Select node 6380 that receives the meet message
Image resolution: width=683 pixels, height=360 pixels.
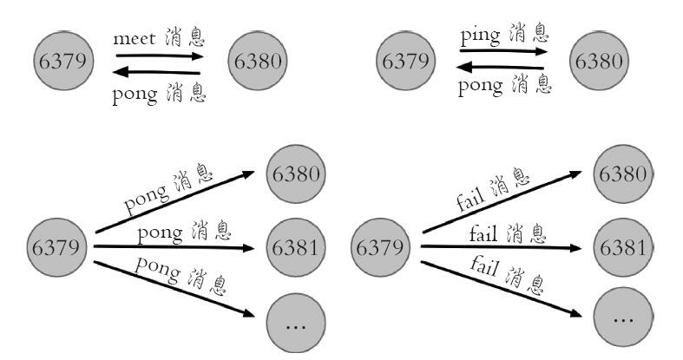258,61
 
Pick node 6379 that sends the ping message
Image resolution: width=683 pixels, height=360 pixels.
406,61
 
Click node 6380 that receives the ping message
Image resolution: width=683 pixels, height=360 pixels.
597,61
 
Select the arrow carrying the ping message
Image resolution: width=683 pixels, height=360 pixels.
502,51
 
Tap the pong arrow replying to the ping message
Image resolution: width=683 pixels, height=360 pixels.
502,67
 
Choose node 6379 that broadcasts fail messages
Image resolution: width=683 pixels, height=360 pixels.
381,247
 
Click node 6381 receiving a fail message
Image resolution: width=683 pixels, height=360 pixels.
621,247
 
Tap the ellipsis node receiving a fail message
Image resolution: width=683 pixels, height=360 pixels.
621,318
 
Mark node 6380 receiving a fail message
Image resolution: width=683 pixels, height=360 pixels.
621,173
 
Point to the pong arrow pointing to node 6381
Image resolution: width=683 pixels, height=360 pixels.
174,247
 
